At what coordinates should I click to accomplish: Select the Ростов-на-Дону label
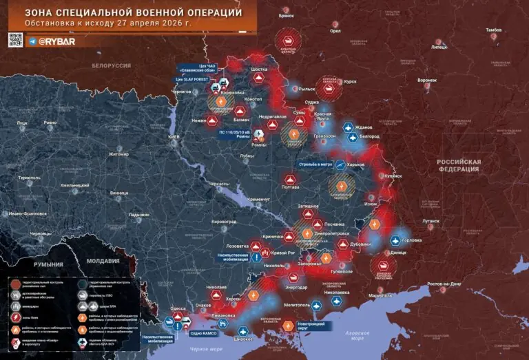(x=450, y=284)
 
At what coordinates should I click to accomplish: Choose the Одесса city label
(x=178, y=308)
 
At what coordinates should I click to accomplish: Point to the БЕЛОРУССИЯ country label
(x=111, y=65)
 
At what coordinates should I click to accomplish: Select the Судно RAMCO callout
(x=203, y=333)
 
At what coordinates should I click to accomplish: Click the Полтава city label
(x=291, y=187)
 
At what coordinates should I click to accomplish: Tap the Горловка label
(x=415, y=241)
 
